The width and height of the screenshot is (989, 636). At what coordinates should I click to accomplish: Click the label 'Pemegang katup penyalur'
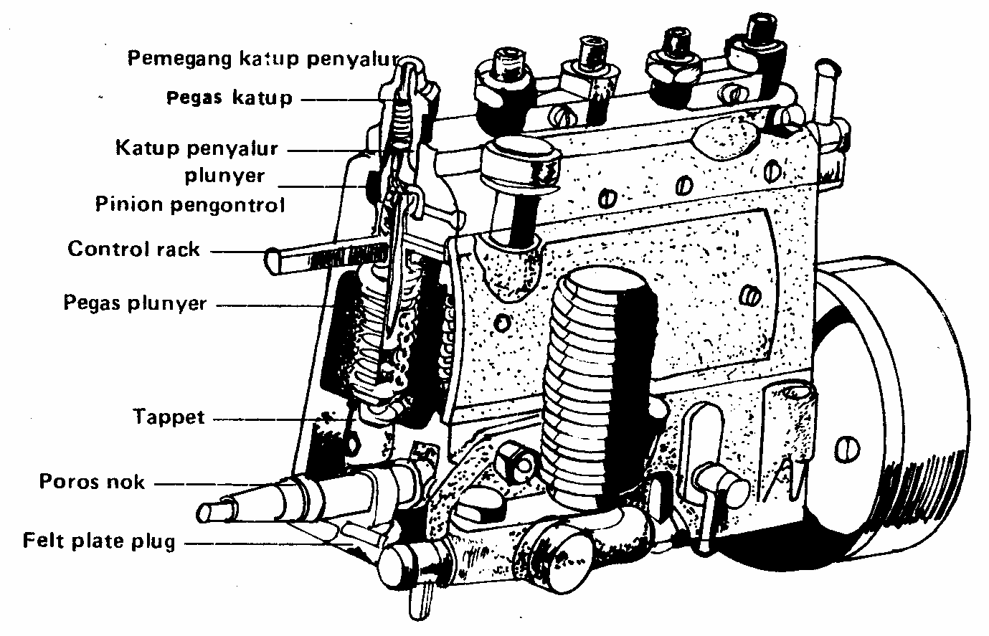[262, 58]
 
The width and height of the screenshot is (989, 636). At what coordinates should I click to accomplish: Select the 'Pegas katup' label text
[229, 98]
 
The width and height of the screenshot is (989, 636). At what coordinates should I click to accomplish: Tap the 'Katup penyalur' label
[197, 149]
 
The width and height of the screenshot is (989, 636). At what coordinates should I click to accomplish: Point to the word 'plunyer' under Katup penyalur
[224, 176]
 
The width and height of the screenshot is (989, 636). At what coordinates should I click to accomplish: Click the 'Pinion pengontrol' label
[190, 205]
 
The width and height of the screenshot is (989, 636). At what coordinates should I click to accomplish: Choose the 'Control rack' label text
[134, 250]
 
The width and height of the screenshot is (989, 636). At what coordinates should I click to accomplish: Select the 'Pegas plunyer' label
[135, 303]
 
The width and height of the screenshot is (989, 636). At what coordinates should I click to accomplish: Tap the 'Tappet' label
[169, 417]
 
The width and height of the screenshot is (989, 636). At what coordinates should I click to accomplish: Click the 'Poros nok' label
[92, 481]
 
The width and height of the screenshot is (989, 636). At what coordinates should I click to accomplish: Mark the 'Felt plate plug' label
[99, 540]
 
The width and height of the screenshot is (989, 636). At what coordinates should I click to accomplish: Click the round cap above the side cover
[520, 163]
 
